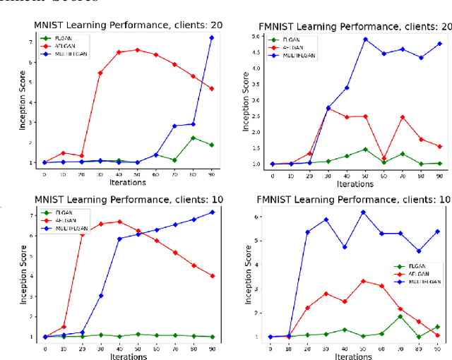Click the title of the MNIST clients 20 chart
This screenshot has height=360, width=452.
tap(128, 25)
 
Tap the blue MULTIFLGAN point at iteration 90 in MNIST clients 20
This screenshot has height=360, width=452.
tap(211, 37)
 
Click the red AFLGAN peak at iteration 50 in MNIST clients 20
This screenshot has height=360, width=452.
tap(137, 49)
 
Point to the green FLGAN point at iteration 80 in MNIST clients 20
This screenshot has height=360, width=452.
tap(193, 138)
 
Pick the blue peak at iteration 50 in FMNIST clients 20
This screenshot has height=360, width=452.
tap(364, 40)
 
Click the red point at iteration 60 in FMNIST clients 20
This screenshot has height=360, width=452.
tap(383, 158)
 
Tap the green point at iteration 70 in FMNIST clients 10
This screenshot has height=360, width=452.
tap(400, 316)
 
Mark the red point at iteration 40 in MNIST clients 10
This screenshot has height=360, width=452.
tap(119, 222)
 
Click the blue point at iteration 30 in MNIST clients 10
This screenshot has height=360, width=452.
tap(100, 295)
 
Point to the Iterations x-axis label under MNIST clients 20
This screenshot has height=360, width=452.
tap(128, 182)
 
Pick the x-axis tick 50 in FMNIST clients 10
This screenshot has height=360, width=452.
tap(363, 349)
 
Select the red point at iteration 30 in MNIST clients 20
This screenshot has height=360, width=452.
tap(100, 73)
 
